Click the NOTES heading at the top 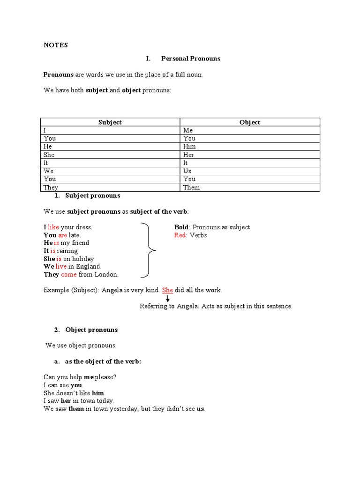click(56, 45)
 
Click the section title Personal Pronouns click(190, 59)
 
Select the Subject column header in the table click(110, 122)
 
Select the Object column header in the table click(249, 122)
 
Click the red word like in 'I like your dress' click(53, 227)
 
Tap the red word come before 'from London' click(68, 275)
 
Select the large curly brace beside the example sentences click(149, 251)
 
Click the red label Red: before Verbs click(180, 235)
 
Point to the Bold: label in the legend click(182, 227)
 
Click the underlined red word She click(167, 290)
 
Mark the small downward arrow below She click(167, 299)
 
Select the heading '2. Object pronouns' click(86, 330)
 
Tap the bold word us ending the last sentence click(200, 409)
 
